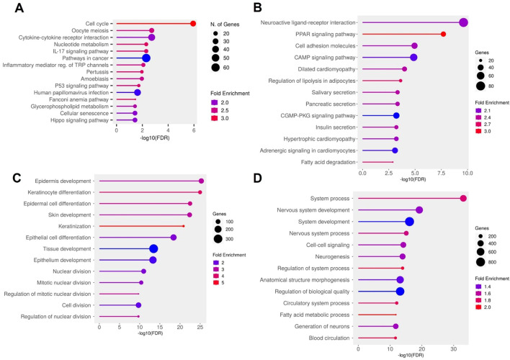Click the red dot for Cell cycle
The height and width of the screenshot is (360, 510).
193,24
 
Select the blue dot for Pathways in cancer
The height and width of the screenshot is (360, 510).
146,58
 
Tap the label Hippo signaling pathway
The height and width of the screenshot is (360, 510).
79,120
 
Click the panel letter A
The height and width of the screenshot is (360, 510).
19,8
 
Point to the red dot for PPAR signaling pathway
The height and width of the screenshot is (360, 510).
443,34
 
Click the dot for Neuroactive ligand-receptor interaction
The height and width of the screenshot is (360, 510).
463,23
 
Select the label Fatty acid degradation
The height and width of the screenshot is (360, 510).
328,162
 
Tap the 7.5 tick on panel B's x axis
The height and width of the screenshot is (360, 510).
441,173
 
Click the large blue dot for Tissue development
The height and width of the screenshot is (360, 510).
153,249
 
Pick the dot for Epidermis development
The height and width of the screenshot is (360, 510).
201,181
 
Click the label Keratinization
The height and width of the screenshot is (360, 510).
75,226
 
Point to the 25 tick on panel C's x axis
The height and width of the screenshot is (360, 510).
200,328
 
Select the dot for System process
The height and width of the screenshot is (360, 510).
463,199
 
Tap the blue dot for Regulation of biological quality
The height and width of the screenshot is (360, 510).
400,292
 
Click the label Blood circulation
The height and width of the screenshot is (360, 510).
329,338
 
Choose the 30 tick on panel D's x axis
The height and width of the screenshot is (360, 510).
453,349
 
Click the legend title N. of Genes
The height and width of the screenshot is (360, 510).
225,24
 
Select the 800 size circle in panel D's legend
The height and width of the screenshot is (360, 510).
480,262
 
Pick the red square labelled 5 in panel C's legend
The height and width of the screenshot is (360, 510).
215,283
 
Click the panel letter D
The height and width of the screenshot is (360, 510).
257,179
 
